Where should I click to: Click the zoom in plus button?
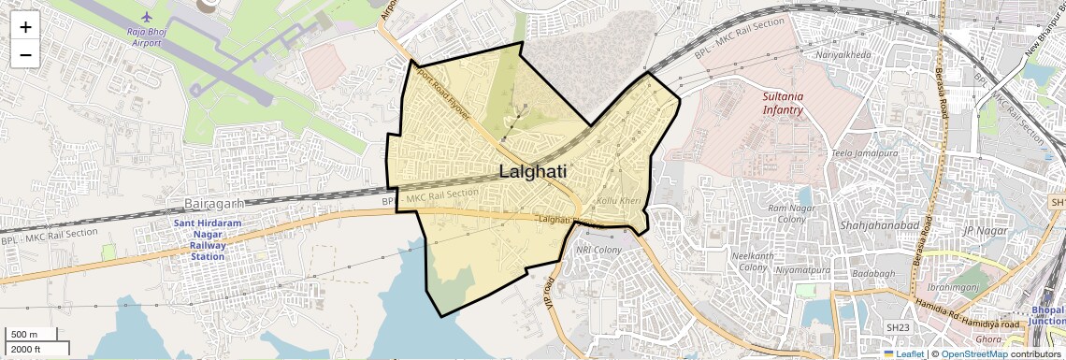tap(25, 26)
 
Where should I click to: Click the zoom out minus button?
tap(25, 54)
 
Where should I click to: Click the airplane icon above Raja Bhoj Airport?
tap(146, 17)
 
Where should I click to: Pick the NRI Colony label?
tap(598, 250)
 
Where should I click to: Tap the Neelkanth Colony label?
tap(753, 261)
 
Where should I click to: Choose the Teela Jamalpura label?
tap(864, 152)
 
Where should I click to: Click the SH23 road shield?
tap(898, 327)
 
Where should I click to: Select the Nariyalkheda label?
tap(843, 55)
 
